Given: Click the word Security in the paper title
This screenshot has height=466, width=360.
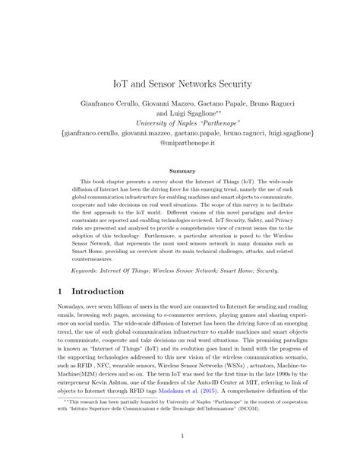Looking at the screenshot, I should [x=238, y=78].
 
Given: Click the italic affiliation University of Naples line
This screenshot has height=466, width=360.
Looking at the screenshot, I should [x=179, y=123].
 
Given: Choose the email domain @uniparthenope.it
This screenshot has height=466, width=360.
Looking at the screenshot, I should [x=179, y=144].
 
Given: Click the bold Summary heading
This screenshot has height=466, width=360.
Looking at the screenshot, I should [x=180, y=171].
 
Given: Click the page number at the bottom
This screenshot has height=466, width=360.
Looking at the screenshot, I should [x=180, y=456].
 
